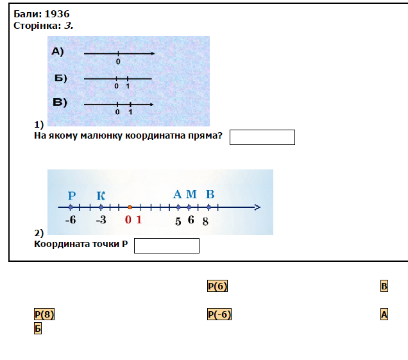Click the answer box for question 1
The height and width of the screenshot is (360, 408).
coord(262,137)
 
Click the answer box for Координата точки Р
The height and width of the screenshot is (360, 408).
coord(167,246)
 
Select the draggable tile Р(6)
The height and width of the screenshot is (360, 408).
coord(217,286)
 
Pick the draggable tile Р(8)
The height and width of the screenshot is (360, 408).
coord(44,314)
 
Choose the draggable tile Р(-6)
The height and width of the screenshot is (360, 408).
coord(219,314)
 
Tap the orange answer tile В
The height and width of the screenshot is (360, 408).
coord(384,286)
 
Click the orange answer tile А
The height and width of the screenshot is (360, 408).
coord(384,314)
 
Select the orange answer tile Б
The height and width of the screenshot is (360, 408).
coord(38,329)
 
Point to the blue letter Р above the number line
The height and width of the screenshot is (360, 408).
coord(71,196)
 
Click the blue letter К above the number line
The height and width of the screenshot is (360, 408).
coord(101,196)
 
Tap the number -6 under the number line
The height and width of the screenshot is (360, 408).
coord(71,219)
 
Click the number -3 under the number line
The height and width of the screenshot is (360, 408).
coord(101,219)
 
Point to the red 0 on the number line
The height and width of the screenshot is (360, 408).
coord(128,220)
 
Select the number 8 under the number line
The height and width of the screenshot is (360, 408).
coord(205,221)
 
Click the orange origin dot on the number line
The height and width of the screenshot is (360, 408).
coord(130,207)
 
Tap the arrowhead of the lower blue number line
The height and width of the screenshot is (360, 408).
coord(257,207)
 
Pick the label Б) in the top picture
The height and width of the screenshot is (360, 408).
coord(61,78)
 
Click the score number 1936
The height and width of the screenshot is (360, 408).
coord(57,13)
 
